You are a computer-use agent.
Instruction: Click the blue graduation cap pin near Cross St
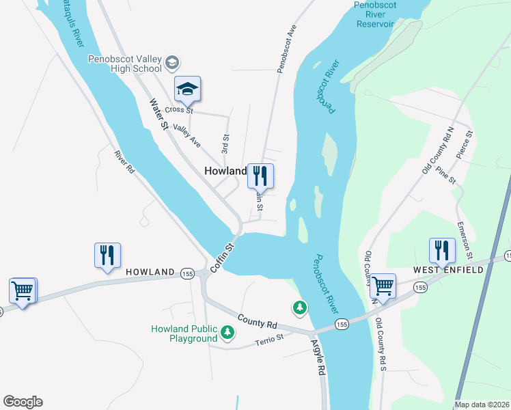click(187, 90)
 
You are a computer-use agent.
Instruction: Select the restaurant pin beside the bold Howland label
click(260, 176)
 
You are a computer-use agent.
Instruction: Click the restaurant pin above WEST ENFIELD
click(442, 251)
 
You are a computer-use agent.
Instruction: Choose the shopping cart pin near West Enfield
click(383, 286)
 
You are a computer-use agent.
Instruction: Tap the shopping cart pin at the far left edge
click(22, 291)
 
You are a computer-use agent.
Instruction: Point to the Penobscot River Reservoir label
click(375, 14)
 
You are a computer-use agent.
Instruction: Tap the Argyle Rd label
click(318, 358)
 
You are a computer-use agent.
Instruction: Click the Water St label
click(158, 115)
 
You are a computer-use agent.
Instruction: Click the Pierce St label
click(465, 145)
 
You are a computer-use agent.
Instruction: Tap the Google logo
click(23, 401)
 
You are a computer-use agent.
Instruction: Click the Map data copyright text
click(482, 405)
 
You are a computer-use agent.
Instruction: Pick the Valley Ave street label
click(186, 135)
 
